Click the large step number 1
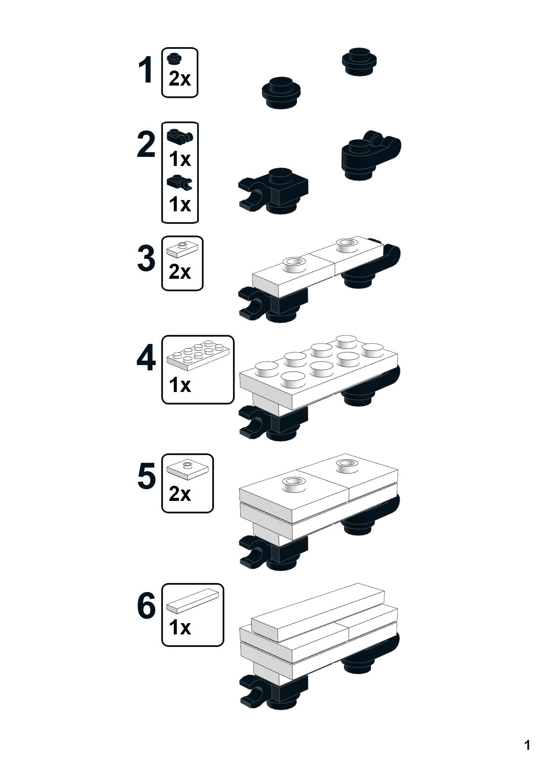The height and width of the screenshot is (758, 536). (x=146, y=70)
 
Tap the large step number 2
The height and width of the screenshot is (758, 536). (x=146, y=145)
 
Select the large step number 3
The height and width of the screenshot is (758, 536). (x=146, y=258)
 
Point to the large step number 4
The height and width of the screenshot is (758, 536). (x=146, y=359)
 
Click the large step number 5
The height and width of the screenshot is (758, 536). (x=146, y=476)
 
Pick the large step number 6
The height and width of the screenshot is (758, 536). (x=146, y=606)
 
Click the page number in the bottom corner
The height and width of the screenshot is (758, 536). (x=527, y=745)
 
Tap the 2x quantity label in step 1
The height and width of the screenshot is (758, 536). (x=180, y=79)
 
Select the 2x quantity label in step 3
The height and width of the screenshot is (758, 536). (x=180, y=272)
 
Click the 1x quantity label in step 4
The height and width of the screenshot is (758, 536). (x=180, y=385)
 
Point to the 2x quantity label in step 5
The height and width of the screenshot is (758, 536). (x=180, y=494)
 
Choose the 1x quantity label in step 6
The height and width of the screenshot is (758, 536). (x=180, y=627)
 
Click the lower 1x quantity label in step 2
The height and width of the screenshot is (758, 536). (x=180, y=204)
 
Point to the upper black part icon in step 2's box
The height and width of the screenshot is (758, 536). (x=180, y=136)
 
